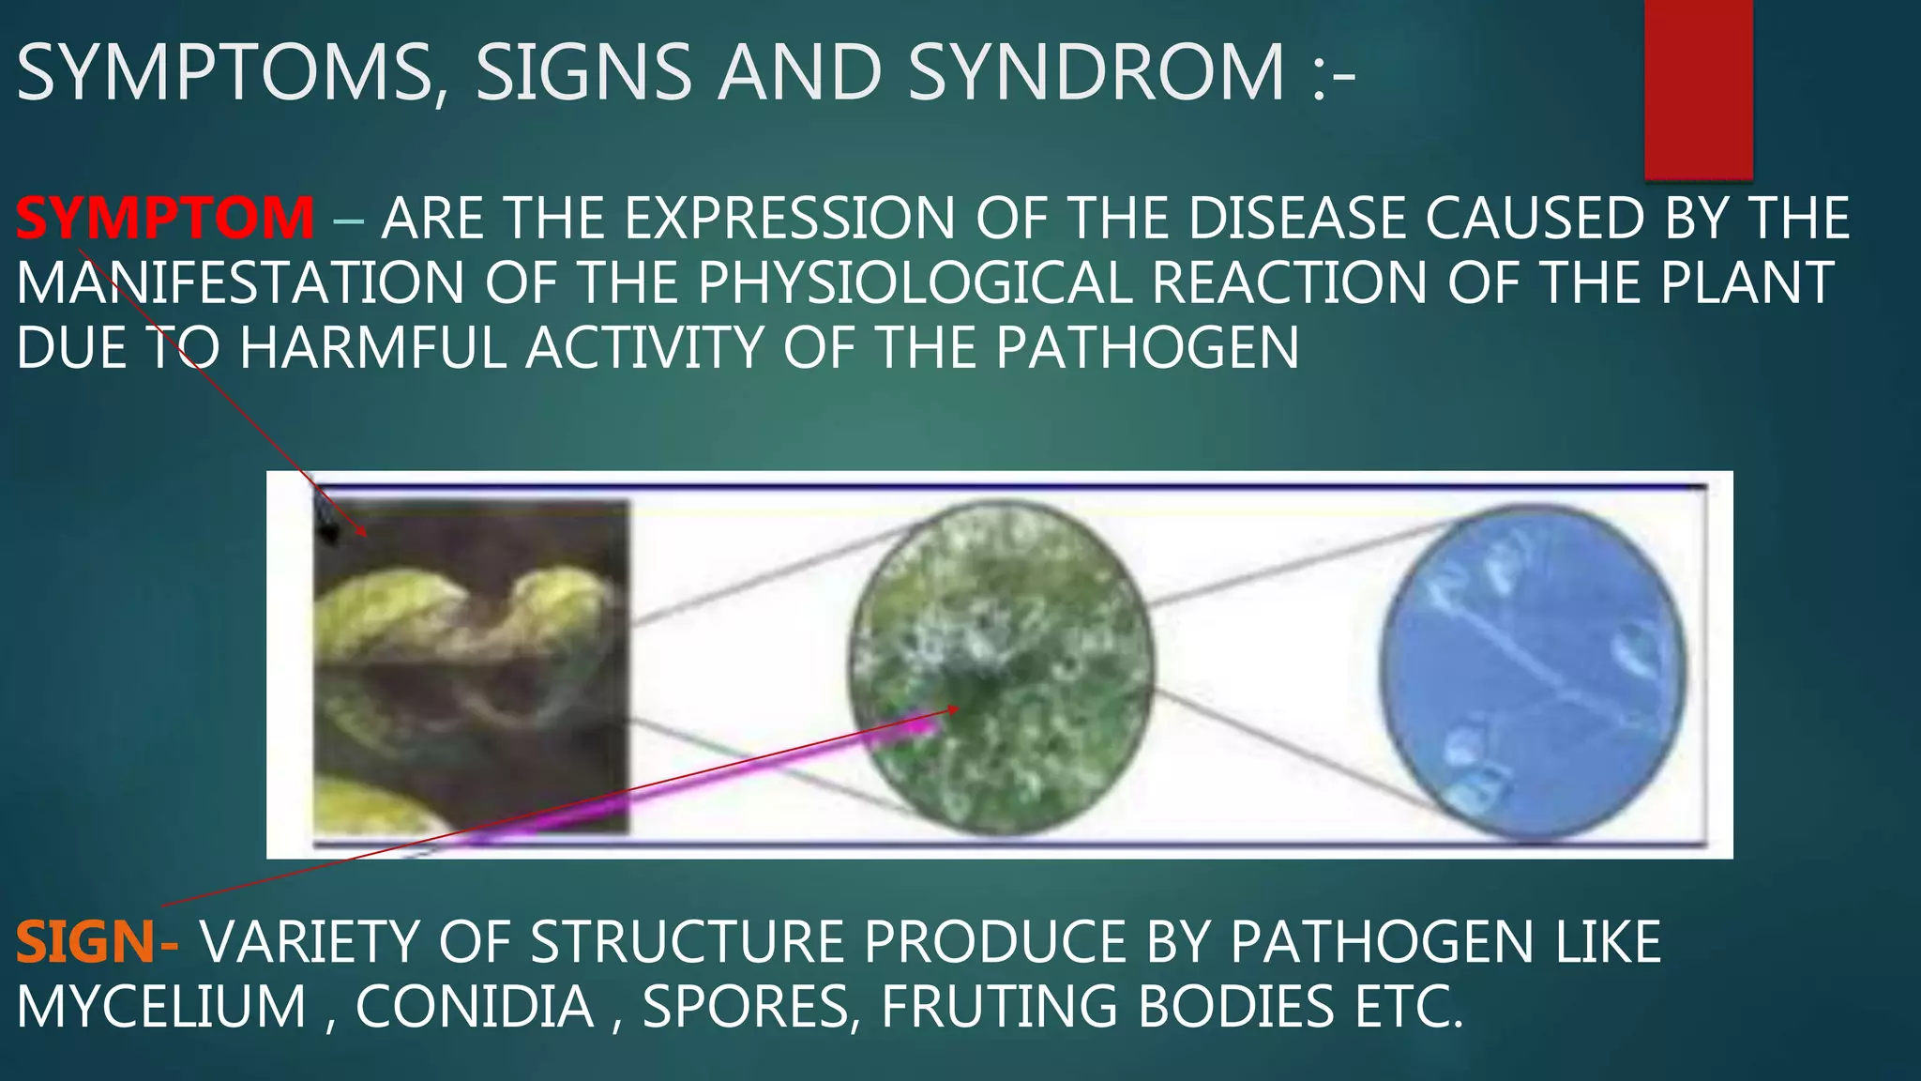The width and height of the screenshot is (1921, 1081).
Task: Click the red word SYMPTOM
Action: click(165, 218)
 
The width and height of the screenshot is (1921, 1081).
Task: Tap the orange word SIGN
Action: click(84, 942)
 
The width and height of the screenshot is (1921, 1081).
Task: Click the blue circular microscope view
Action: click(1533, 670)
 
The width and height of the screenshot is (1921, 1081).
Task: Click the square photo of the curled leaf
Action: click(471, 666)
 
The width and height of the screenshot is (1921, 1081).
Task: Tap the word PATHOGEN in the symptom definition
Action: click(1147, 348)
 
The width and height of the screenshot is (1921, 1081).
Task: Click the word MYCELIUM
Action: click(161, 1007)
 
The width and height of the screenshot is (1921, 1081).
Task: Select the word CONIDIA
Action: click(475, 1007)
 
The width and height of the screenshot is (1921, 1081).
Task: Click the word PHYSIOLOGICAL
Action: click(915, 282)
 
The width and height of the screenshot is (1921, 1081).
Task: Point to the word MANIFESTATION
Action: click(240, 282)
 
